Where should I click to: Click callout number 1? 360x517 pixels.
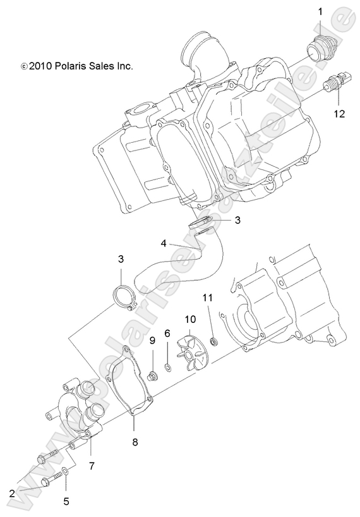click(x=320, y=11)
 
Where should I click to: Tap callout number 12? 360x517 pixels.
click(x=340, y=114)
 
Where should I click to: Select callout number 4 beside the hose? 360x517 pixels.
click(x=163, y=243)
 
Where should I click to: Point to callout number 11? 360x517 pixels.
click(x=207, y=297)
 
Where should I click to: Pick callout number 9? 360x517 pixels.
click(x=152, y=342)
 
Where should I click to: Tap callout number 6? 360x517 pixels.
click(x=167, y=333)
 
